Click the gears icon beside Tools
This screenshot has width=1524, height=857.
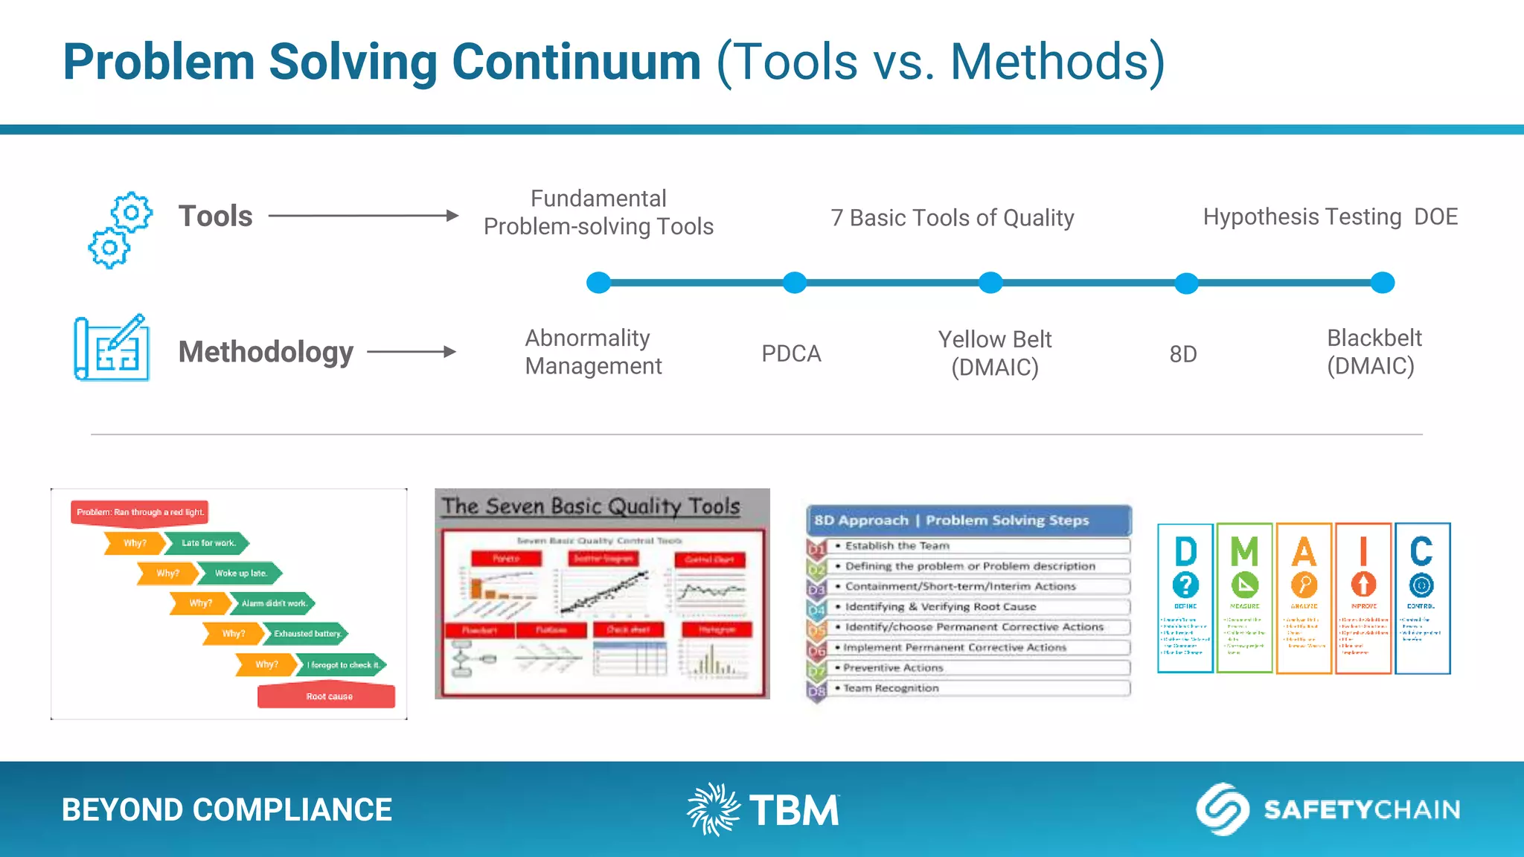pyautogui.click(x=120, y=230)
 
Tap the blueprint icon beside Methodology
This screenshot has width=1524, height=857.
pyautogui.click(x=112, y=347)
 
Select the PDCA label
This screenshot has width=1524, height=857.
pyautogui.click(x=791, y=353)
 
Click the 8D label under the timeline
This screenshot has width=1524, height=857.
pyautogui.click(x=1182, y=354)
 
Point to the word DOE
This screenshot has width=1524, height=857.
pyautogui.click(x=1435, y=216)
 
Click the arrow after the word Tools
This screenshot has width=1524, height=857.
pyautogui.click(x=363, y=216)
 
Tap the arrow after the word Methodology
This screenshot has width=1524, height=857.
pyautogui.click(x=412, y=352)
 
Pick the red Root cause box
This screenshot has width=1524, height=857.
pyautogui.click(x=327, y=696)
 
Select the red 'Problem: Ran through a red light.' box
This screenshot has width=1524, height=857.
pyautogui.click(x=140, y=512)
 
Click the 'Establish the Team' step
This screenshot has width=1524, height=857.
pyautogui.click(x=897, y=545)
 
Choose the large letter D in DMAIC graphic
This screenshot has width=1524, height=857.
pyautogui.click(x=1185, y=552)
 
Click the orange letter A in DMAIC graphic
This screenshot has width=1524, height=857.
pyautogui.click(x=1304, y=552)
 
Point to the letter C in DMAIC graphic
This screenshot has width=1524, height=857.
pyautogui.click(x=1421, y=552)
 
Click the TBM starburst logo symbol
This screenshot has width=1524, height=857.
pyautogui.click(x=713, y=809)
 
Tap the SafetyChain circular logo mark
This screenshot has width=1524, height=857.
pyautogui.click(x=1222, y=809)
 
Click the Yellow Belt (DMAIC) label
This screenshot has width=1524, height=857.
pyautogui.click(x=994, y=353)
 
